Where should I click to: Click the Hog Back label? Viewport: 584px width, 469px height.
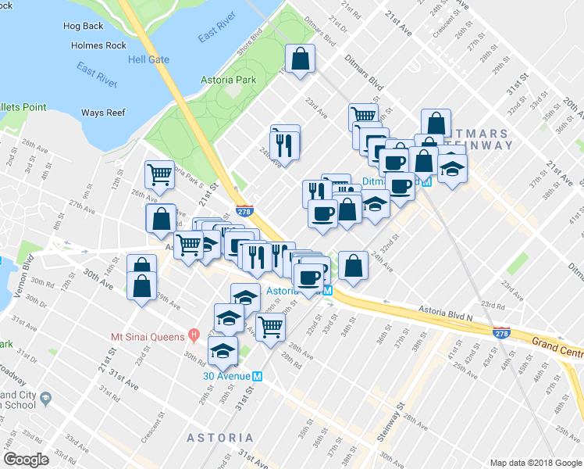click(82, 26)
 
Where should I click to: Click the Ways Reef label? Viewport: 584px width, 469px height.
click(103, 113)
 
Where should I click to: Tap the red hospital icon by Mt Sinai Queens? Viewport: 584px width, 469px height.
click(194, 337)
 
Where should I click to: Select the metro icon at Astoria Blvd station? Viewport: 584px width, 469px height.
click(328, 290)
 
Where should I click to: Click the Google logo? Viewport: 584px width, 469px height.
click(27, 460)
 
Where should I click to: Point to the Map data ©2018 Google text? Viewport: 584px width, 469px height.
click(536, 463)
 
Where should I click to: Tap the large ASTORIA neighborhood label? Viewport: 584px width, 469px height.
click(219, 438)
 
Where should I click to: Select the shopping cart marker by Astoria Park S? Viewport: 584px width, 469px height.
click(160, 174)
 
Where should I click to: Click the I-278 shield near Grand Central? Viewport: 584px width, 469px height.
click(500, 333)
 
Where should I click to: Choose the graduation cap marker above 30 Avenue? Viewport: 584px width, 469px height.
click(224, 349)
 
